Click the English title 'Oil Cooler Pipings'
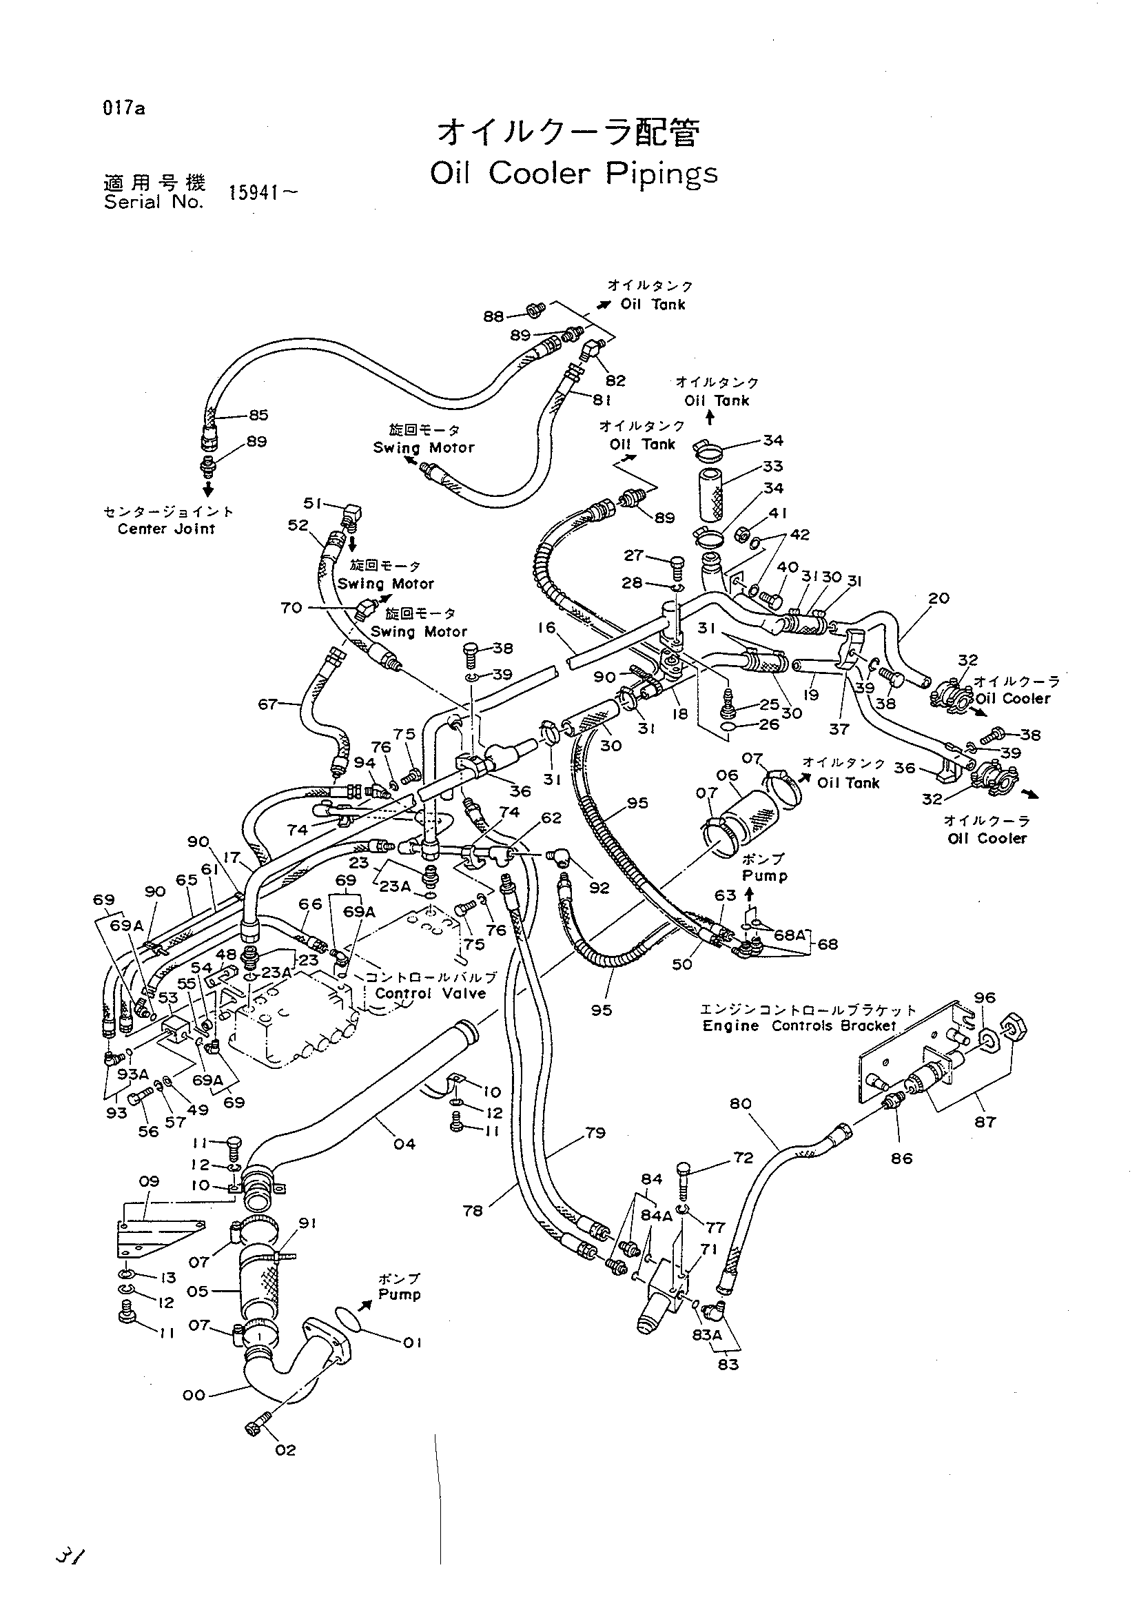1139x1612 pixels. [573, 174]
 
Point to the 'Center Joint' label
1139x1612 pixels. [166, 529]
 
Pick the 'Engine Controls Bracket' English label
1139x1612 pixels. [799, 1026]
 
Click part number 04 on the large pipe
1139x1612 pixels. [404, 1144]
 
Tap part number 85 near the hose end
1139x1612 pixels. [258, 415]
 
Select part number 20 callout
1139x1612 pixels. [938, 598]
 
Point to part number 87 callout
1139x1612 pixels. [985, 1122]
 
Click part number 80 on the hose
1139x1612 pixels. [741, 1103]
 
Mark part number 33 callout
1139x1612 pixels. [772, 466]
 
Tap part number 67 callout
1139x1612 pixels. [269, 703]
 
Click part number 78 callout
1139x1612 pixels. [473, 1210]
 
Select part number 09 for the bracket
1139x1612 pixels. [149, 1181]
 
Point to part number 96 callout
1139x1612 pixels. [985, 997]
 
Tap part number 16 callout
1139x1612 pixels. [546, 627]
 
